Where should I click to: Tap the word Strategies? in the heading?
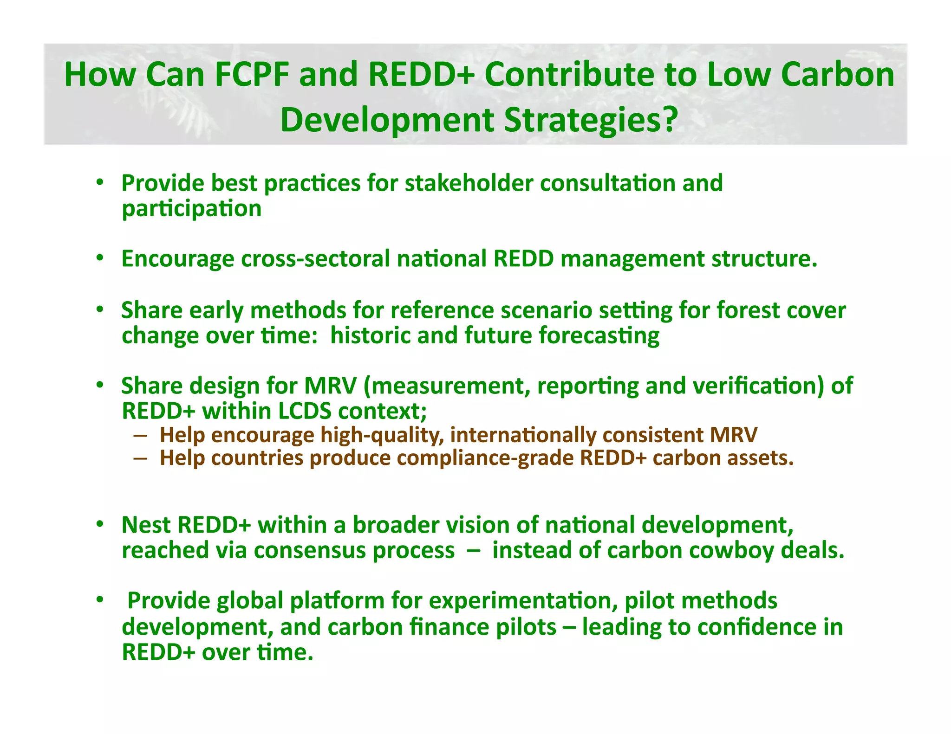click(590, 120)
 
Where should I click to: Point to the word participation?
click(191, 209)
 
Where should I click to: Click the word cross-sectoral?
click(315, 258)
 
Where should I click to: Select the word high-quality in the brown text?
click(381, 435)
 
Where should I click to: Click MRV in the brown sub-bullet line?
click(733, 435)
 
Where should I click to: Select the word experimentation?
click(523, 601)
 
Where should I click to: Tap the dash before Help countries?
click(140, 458)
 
